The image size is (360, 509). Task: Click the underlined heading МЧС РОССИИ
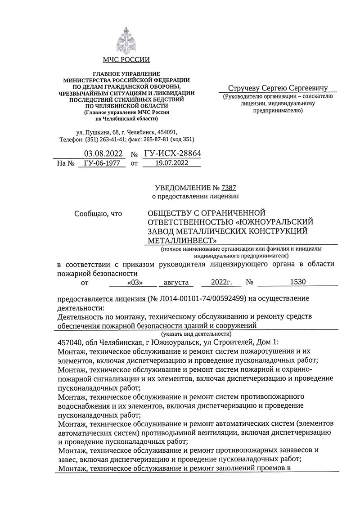coord(126,60)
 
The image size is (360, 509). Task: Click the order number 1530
coord(298,282)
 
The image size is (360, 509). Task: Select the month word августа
coord(177,282)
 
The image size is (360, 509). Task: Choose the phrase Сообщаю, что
coord(98,213)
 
